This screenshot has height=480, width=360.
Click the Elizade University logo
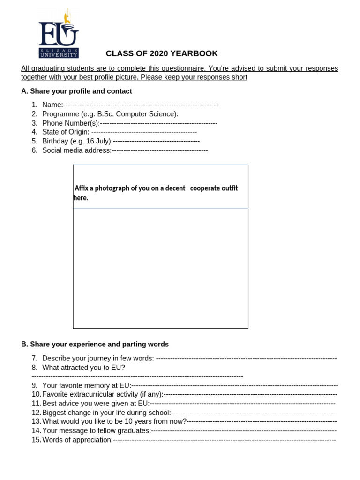[x=59, y=34]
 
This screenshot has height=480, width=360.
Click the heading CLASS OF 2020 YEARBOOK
[x=162, y=54]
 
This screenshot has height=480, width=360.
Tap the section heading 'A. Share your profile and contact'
[x=76, y=91]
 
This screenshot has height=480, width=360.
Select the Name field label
[x=52, y=105]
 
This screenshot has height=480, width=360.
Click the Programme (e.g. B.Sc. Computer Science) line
[x=110, y=114]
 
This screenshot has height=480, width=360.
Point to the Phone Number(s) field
[x=71, y=123]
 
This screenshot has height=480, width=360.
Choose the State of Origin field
[x=66, y=132]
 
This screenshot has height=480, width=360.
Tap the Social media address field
[x=77, y=150]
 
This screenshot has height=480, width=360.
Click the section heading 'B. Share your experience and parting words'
[x=95, y=344]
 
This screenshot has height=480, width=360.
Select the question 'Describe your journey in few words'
[x=98, y=358]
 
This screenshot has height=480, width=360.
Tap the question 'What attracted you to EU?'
[x=83, y=367]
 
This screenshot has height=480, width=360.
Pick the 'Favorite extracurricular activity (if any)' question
[x=103, y=394]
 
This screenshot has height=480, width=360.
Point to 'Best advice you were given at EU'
[x=96, y=403]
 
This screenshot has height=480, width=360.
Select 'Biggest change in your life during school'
[x=106, y=412]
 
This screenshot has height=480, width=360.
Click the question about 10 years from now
[x=114, y=421]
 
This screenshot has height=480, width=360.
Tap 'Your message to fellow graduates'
[x=97, y=430]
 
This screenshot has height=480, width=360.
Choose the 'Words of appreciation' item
[x=77, y=440]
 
